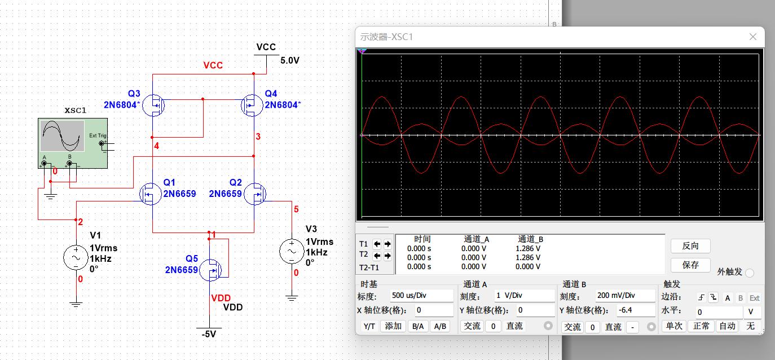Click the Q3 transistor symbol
tap(153, 105)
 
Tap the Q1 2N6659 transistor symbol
tap(150, 194)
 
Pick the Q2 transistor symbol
tap(256, 194)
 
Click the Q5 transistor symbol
tap(211, 270)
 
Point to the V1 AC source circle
tap(76, 257)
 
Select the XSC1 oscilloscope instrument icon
tap(73, 143)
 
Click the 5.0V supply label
tap(289, 60)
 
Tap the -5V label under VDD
tap(209, 334)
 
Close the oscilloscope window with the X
tap(752, 37)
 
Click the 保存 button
tap(690, 265)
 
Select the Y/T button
tap(369, 326)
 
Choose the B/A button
tap(418, 326)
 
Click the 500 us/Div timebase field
tap(421, 296)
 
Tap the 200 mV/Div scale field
tap(625, 296)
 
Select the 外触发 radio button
tap(750, 273)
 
